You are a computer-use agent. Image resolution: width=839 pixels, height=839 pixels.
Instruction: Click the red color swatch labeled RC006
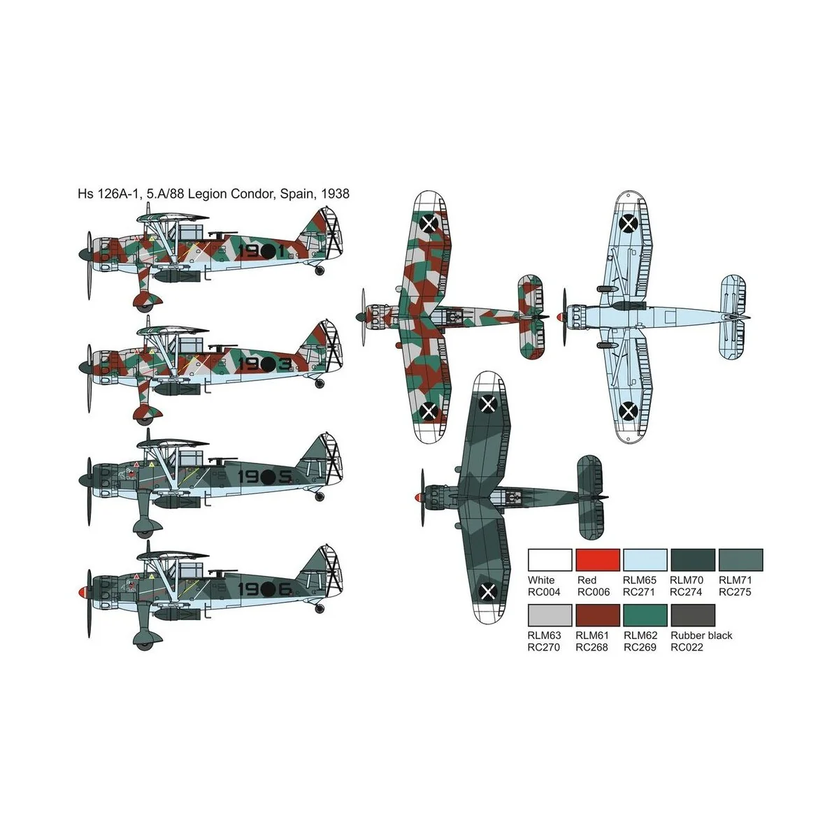598,559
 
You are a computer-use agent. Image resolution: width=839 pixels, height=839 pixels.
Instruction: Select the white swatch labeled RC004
550,559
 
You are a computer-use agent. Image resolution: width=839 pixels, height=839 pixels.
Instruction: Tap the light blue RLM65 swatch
645,559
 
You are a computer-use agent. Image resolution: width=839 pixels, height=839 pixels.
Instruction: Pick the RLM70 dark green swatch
693,559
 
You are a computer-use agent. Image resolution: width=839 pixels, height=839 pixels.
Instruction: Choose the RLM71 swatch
740,559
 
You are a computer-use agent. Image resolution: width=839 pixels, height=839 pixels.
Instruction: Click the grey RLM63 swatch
550,615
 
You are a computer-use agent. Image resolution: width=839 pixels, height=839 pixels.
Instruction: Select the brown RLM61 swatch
598,615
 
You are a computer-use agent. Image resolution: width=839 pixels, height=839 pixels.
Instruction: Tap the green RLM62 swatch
645,615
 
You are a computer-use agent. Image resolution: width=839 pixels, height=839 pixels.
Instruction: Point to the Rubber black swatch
693,615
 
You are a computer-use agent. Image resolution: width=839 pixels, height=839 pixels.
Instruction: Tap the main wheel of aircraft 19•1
145,301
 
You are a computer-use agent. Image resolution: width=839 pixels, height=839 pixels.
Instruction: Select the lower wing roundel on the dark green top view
487,593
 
